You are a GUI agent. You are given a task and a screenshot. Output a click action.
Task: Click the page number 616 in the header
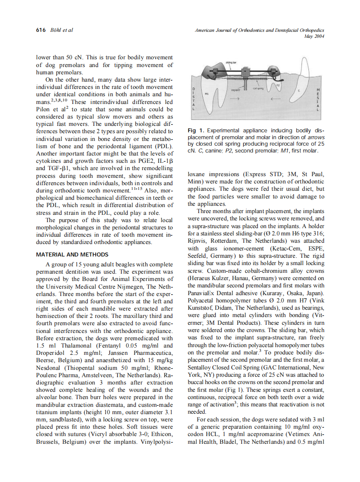[x=41, y=30]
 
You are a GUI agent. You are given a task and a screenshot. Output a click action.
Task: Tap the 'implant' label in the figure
[x=236, y=90]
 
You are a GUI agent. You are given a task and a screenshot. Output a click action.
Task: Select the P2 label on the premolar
[x=278, y=85]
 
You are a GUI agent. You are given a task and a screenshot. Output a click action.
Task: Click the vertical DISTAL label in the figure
[x=194, y=99]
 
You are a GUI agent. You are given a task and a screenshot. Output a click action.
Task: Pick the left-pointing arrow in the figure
[x=275, y=99]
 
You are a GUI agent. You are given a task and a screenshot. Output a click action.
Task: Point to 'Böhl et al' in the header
[x=61, y=30]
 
